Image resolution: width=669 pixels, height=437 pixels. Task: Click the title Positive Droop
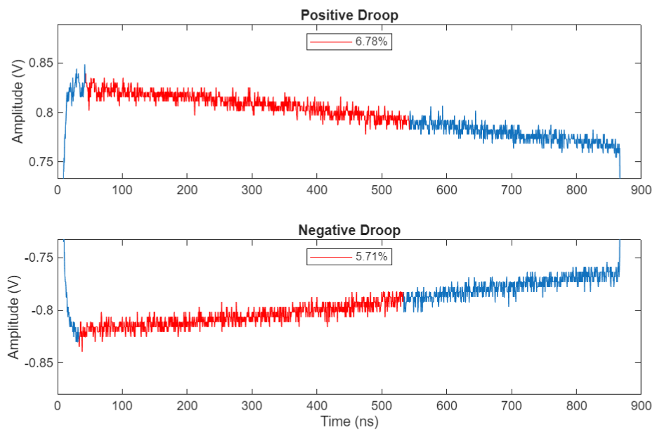click(349, 15)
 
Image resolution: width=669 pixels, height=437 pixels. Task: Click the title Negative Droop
click(349, 230)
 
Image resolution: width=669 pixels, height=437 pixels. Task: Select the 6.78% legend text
click(371, 42)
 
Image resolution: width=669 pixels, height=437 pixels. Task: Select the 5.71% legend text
click(371, 258)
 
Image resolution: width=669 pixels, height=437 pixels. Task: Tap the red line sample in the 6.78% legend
click(330, 42)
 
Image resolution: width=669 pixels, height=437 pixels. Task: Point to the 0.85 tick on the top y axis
click(39, 63)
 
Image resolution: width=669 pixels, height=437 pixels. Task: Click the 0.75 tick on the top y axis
click(39, 162)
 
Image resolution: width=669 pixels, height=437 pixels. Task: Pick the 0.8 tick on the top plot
click(44, 113)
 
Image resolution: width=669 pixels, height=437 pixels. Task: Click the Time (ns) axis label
click(349, 422)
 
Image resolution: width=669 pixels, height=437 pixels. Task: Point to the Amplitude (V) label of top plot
click(17, 103)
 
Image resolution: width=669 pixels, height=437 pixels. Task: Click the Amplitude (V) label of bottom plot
click(14, 318)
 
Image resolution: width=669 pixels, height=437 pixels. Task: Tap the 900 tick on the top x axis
click(641, 189)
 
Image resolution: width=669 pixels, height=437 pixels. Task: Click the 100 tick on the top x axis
click(122, 189)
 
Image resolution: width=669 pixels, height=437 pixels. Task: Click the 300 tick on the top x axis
click(252, 189)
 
